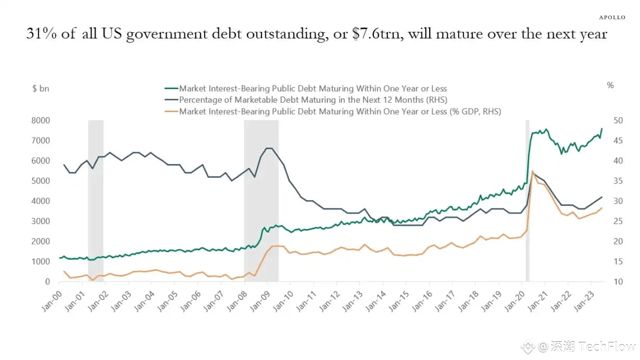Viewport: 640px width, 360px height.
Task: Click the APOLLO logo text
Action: [612, 17]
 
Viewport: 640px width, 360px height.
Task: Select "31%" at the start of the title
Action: [41, 34]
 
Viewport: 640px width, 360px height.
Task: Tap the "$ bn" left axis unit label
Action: [40, 89]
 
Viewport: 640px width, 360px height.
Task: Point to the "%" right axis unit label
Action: [610, 85]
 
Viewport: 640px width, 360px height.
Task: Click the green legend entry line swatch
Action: [171, 89]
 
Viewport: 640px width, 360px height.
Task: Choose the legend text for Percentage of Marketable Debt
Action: [313, 100]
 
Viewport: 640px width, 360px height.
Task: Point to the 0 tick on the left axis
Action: [47, 282]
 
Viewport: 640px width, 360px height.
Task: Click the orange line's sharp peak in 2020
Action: [532, 171]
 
